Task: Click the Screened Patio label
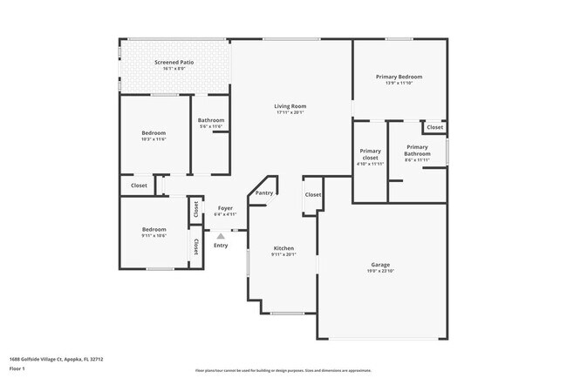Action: (x=174, y=63)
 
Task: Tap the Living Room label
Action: (x=290, y=106)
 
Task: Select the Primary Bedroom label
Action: (x=399, y=77)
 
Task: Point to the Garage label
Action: (x=380, y=264)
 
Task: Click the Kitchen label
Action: (x=283, y=248)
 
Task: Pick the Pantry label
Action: (x=264, y=193)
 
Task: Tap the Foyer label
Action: (x=224, y=208)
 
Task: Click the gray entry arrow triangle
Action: (x=221, y=235)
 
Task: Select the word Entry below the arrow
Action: (x=221, y=246)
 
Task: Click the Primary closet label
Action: (x=370, y=153)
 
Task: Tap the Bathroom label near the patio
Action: (x=211, y=120)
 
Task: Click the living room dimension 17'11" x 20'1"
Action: (x=290, y=112)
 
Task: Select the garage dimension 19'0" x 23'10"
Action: (x=380, y=271)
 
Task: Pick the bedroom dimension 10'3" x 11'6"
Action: (x=154, y=139)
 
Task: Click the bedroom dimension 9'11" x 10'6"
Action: (x=154, y=236)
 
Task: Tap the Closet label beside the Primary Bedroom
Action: (x=434, y=127)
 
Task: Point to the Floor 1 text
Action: (x=17, y=368)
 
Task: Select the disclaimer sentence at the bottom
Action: (x=283, y=369)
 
